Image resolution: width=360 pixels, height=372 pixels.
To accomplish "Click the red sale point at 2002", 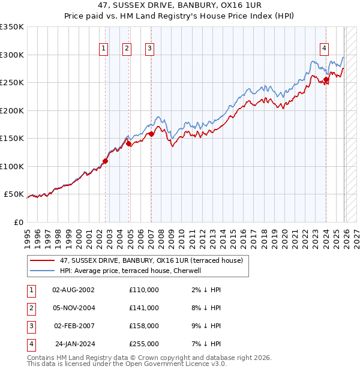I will pos(105,161).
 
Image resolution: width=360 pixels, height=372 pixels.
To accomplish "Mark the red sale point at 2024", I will pos(326,80).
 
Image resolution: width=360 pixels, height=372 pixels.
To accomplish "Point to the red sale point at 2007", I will pos(151,134).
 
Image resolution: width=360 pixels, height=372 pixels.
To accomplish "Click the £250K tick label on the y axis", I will pos(12,83).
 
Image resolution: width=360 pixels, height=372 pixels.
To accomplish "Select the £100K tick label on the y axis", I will pos(12,166).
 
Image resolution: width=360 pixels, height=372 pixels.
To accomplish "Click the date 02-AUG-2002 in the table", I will pos(73,290).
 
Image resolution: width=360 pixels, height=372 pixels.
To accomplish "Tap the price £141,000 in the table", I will pos(144,308).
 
